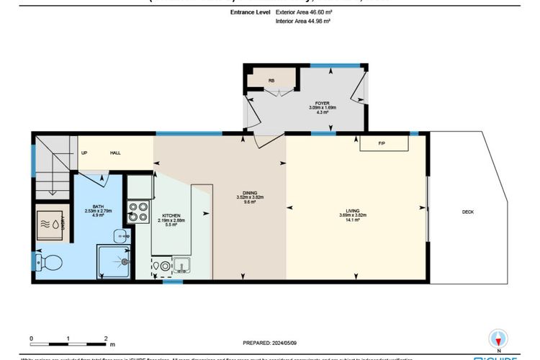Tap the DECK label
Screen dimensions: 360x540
[x=467, y=212]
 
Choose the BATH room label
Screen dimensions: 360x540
[x=98, y=210]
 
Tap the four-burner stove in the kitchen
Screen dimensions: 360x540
[x=138, y=213]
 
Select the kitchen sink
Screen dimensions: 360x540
[x=181, y=266]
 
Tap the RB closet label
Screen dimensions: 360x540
[x=271, y=80]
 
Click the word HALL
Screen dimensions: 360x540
[x=115, y=153]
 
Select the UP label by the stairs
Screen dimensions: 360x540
[x=84, y=153]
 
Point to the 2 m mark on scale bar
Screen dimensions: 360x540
[x=105, y=338]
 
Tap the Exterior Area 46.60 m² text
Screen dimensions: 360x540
[x=304, y=13]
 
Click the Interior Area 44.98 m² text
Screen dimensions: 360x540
[x=303, y=22]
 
